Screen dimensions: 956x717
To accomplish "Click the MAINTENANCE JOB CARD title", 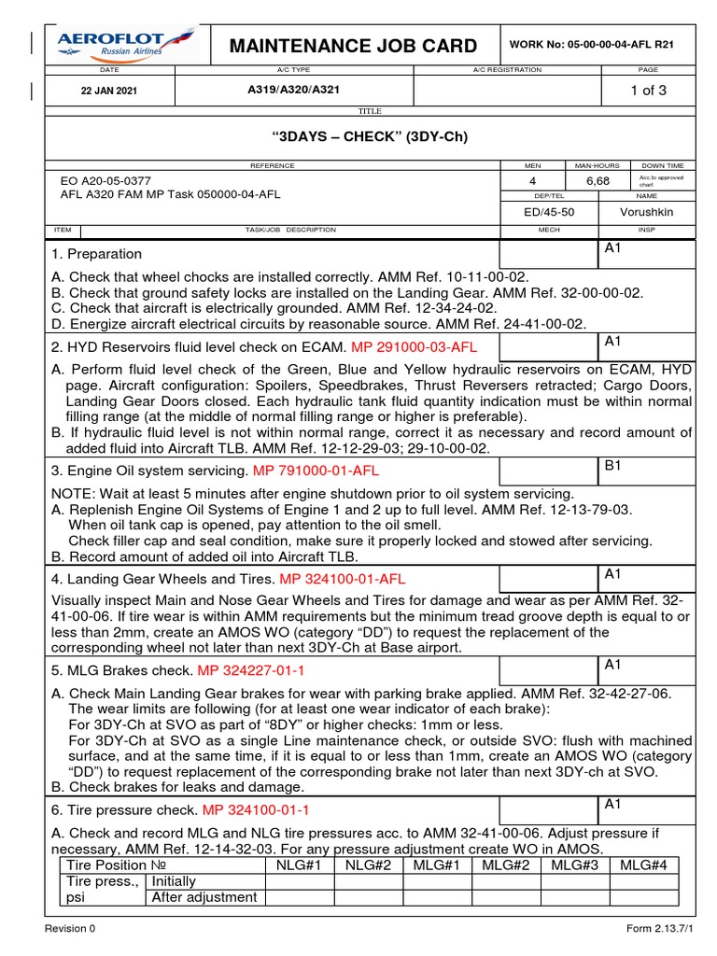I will [x=354, y=46].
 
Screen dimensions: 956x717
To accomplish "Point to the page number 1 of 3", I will [x=648, y=91].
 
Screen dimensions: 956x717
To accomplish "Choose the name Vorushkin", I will [x=646, y=212].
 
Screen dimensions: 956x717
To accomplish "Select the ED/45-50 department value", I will [x=549, y=212].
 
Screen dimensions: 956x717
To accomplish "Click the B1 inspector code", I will [x=613, y=465].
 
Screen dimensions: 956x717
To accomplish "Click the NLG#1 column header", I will [x=300, y=865].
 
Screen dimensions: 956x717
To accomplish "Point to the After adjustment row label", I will [x=204, y=897].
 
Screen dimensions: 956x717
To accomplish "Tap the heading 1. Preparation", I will [x=97, y=254].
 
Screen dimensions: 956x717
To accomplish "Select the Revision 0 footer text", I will [x=71, y=929].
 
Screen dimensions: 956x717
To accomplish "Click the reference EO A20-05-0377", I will [x=105, y=180].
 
